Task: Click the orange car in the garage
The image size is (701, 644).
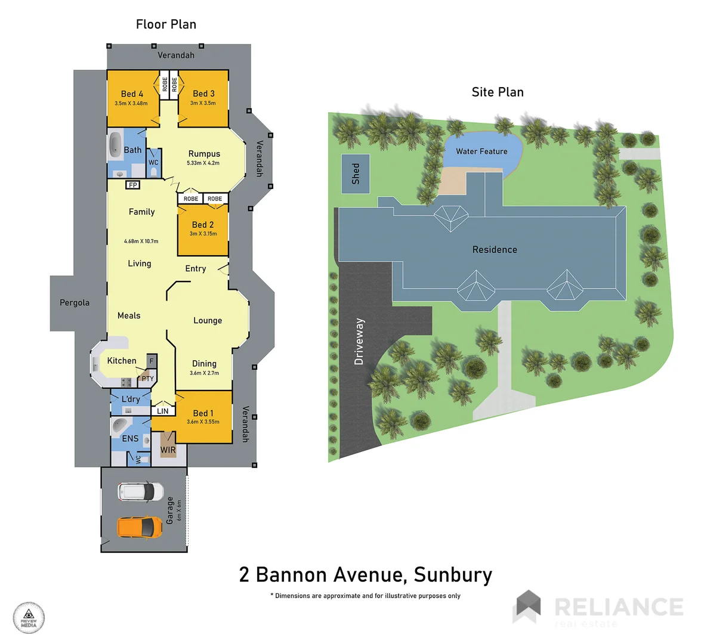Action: tap(140, 527)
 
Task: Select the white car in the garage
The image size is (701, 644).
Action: tap(140, 492)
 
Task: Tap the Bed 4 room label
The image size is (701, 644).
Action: tap(132, 94)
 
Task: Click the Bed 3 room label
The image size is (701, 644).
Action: tap(203, 94)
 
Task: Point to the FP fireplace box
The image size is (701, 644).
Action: tap(133, 185)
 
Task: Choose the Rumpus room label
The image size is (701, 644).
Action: tap(204, 154)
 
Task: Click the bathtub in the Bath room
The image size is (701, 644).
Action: tap(115, 145)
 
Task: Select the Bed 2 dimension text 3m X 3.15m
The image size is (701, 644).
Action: tap(203, 234)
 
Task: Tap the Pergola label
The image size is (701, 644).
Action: tap(75, 303)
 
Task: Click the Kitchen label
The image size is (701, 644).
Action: tap(122, 361)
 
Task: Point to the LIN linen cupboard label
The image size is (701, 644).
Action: tap(163, 411)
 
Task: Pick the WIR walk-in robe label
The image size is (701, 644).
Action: tap(168, 450)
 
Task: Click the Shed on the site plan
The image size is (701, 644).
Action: tap(356, 174)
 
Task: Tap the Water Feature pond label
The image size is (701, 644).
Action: tap(481, 151)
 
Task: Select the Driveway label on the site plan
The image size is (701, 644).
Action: tap(359, 341)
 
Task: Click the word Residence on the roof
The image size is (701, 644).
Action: tap(495, 250)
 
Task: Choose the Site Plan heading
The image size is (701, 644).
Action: tap(498, 92)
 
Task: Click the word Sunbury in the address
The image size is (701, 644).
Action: tap(453, 575)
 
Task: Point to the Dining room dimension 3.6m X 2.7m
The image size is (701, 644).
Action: tap(204, 373)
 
